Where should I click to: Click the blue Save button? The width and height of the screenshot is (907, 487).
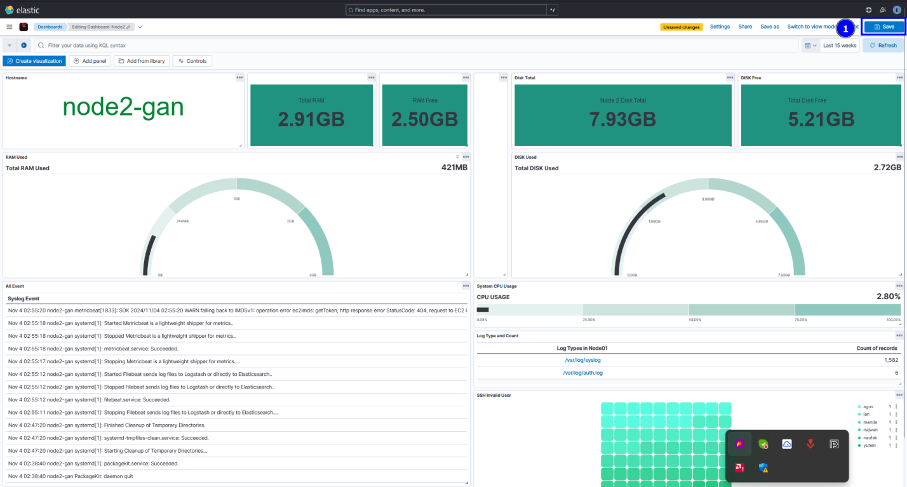883,27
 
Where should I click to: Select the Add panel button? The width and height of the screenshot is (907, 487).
90,61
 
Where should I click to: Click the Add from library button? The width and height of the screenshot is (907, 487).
142,61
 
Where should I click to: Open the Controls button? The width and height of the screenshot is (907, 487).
192,61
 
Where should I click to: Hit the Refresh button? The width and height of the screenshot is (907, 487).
883,46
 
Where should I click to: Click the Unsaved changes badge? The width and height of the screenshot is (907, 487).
681,27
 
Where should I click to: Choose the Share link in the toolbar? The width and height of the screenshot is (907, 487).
745,27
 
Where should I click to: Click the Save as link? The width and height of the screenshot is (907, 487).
769,27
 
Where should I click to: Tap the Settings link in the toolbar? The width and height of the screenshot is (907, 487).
720,27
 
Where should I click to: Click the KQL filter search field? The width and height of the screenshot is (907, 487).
413,46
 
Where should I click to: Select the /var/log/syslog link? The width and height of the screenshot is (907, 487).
582,360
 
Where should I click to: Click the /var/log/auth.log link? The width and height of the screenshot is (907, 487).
582,373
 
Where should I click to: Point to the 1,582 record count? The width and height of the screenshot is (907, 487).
890,360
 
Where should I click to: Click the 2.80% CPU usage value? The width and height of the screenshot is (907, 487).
888,297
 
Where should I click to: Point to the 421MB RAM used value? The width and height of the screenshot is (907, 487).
454,168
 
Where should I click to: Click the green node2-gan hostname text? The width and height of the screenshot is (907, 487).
123,107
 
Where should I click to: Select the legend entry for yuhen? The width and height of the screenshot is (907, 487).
869,445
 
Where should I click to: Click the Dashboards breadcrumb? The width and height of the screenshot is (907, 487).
50,27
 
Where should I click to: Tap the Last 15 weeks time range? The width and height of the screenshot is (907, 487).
840,46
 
